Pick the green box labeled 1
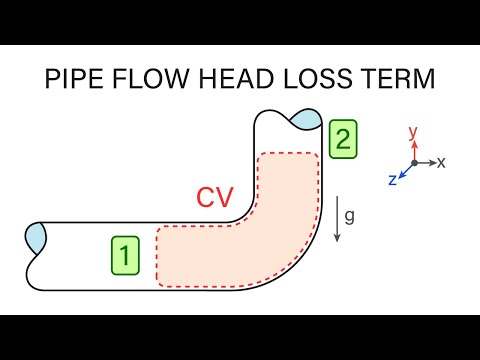point(124,256)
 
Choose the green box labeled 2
point(342,139)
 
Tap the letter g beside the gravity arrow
point(350,215)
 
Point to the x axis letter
point(441,161)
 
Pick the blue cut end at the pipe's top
point(303,120)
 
